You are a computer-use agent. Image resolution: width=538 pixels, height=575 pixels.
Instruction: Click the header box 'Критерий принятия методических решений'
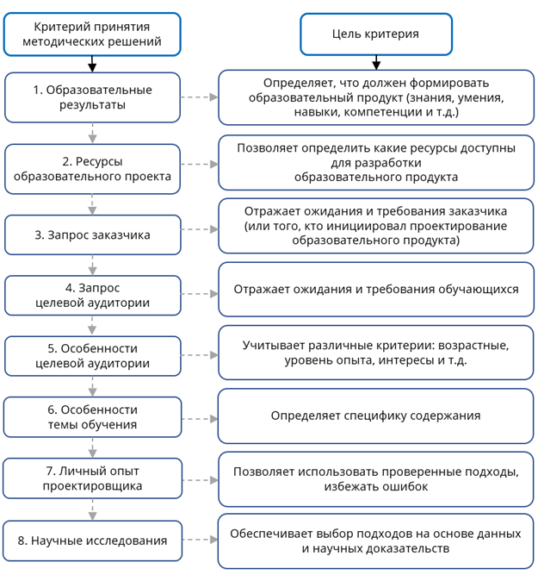coord(92,34)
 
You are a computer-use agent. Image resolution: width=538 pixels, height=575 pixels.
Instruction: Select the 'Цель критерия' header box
coord(375,34)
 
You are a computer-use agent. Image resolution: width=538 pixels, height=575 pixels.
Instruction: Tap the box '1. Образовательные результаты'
coord(92,97)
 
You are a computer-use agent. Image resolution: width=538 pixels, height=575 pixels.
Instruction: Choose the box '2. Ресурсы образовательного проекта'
coord(92,168)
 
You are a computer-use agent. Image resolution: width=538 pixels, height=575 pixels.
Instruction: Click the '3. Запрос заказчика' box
coord(92,234)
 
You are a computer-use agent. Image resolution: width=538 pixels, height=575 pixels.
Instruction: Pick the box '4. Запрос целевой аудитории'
coord(92,295)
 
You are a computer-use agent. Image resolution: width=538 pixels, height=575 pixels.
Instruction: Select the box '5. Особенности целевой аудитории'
coord(92,356)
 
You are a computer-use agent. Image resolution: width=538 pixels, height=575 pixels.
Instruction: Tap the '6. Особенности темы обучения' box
coord(92,417)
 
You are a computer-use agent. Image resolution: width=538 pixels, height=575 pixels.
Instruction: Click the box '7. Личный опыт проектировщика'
coord(92,478)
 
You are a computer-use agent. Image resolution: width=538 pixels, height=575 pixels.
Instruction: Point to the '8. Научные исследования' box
coord(92,541)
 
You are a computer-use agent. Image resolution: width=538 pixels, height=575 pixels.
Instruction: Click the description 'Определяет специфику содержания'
coord(375,416)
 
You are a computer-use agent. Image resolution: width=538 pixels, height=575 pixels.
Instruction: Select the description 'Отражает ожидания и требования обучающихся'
coord(375,289)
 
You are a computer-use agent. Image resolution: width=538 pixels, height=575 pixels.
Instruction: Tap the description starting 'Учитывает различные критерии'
coord(375,353)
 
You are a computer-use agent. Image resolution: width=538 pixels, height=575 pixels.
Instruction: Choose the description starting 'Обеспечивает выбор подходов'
coord(375,541)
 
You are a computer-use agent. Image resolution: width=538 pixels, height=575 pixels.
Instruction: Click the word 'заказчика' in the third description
coord(462,211)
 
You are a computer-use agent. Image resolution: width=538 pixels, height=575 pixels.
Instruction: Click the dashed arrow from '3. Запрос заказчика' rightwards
coord(200,230)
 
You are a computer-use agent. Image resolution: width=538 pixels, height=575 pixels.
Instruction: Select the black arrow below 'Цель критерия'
coord(375,63)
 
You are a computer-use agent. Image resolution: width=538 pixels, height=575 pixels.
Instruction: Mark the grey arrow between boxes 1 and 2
coord(92,133)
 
